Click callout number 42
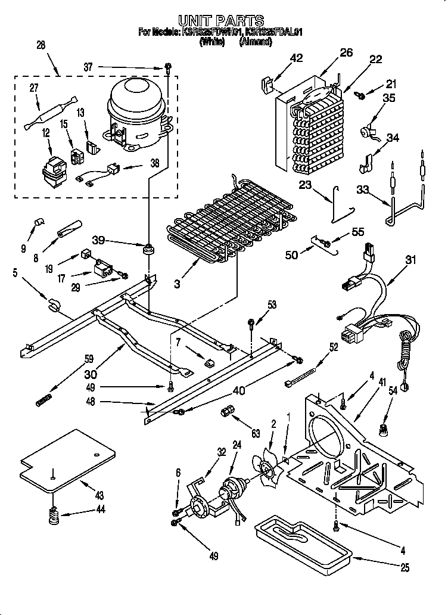pos(296,58)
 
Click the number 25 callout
pos(405,569)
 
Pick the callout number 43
pos(99,495)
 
